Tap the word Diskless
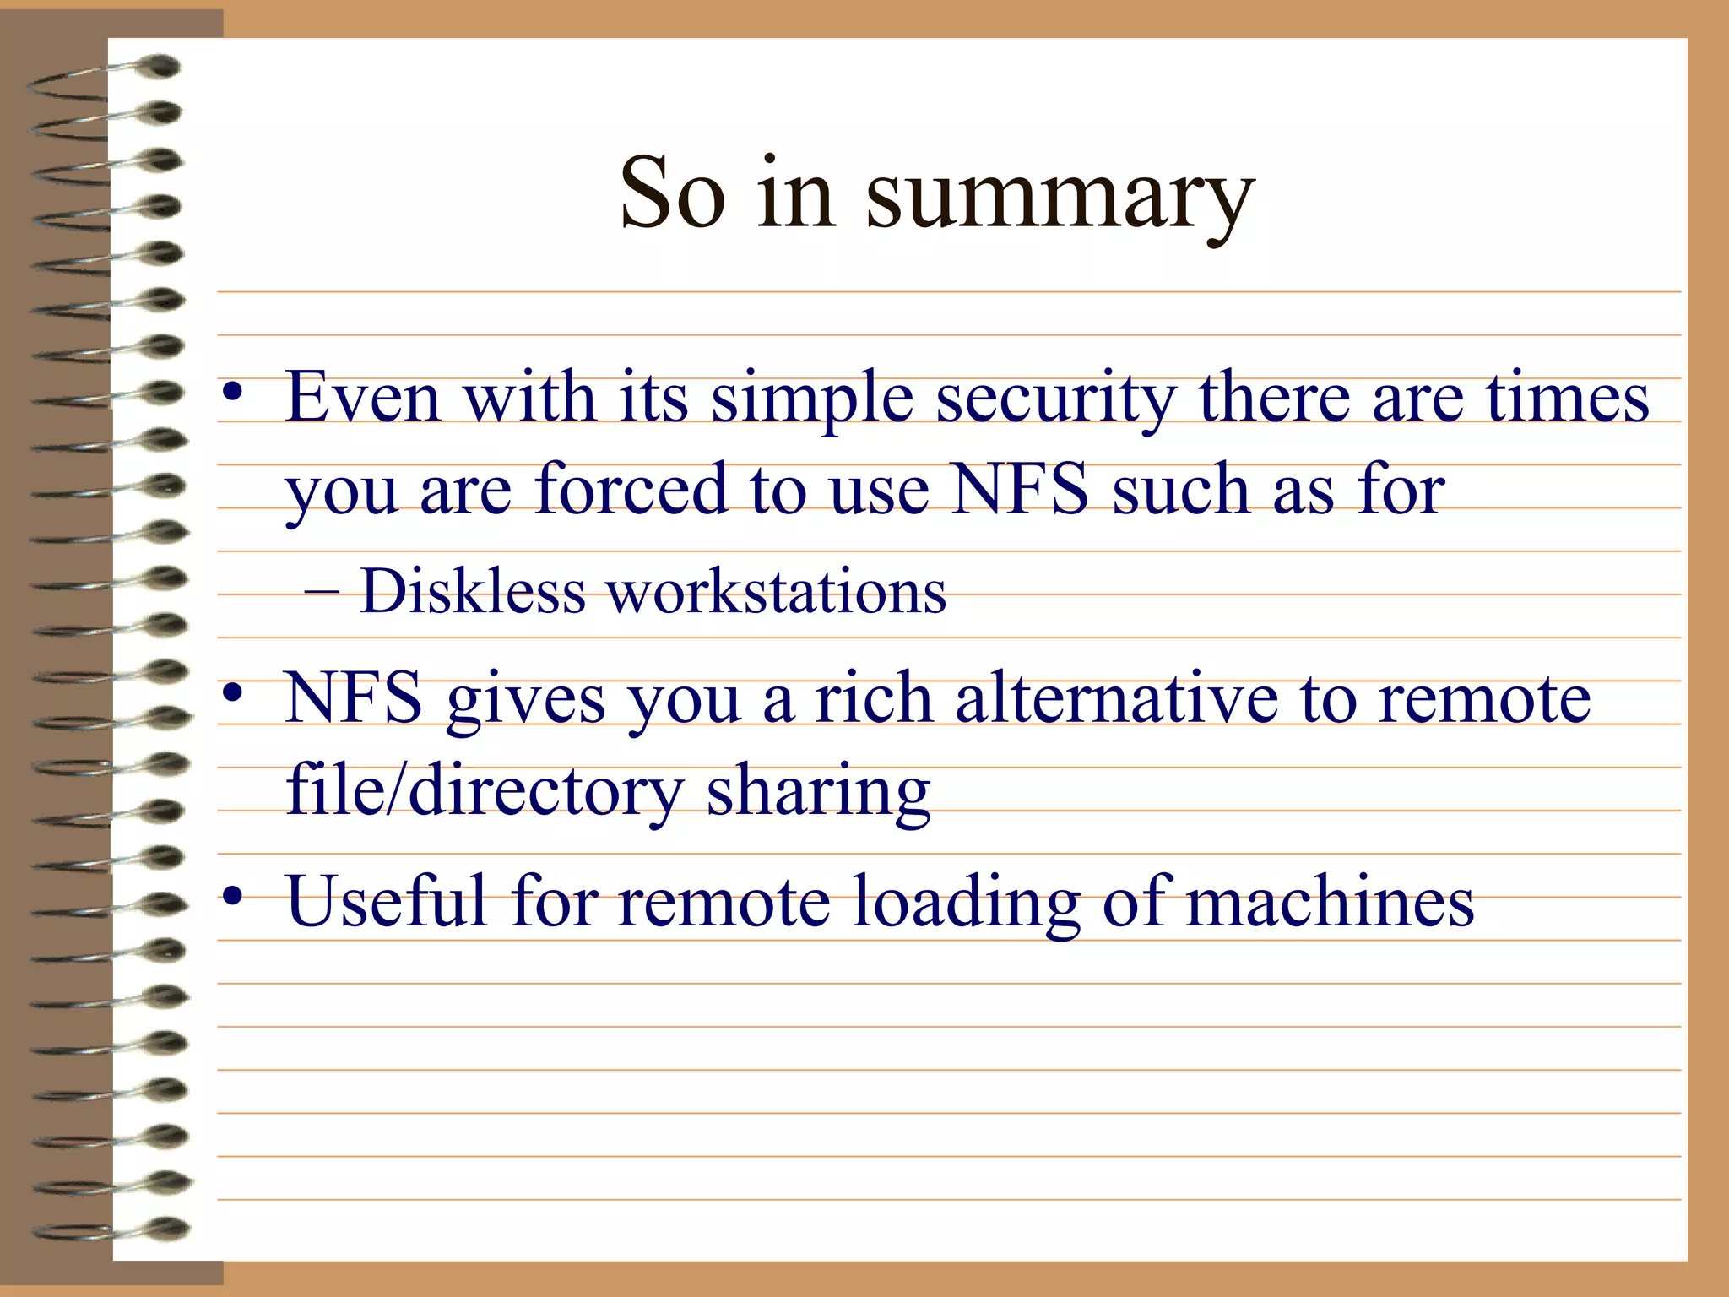click(x=473, y=590)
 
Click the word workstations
click(x=777, y=590)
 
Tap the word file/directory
click(x=484, y=791)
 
